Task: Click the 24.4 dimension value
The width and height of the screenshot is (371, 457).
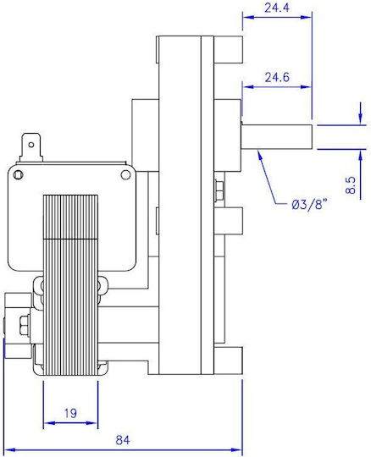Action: [x=277, y=8]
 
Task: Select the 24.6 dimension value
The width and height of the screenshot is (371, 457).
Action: [x=277, y=77]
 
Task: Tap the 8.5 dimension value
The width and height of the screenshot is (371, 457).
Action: [x=351, y=185]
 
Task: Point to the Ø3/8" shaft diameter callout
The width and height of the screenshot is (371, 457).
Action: [x=308, y=205]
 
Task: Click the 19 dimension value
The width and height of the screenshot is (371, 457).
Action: [x=70, y=413]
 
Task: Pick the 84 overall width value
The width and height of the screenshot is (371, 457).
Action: [x=123, y=440]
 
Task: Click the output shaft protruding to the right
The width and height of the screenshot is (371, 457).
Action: [x=276, y=137]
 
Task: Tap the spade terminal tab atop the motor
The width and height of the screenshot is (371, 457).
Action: [x=30, y=147]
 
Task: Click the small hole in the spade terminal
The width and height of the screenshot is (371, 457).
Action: [x=30, y=145]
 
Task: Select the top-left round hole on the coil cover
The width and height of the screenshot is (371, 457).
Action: [x=19, y=174]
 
